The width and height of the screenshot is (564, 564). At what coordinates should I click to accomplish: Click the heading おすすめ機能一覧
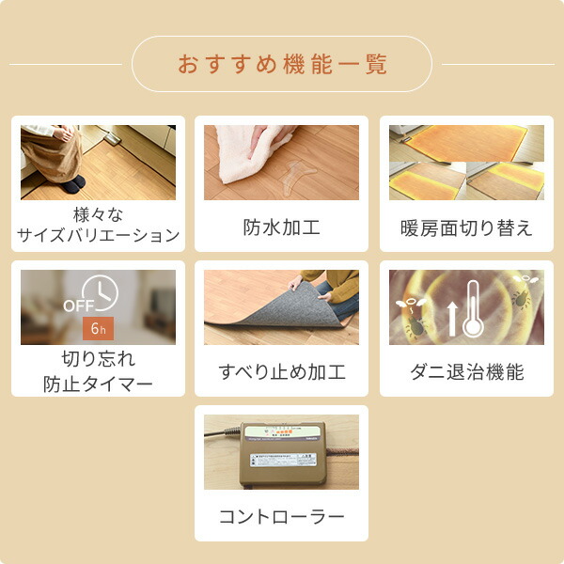point(282,65)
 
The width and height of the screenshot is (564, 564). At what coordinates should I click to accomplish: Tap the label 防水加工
point(282,227)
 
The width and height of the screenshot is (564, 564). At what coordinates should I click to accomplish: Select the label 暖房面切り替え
point(466,227)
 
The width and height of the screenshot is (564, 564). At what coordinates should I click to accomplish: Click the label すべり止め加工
point(282,372)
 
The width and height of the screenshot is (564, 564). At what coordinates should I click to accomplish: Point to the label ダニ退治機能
point(466,372)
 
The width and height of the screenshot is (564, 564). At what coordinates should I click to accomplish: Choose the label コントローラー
point(282,517)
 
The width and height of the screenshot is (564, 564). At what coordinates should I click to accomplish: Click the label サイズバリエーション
point(99,236)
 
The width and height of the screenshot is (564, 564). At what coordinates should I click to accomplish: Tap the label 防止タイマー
point(98,383)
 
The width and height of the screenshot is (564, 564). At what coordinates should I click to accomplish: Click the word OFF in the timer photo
point(77,306)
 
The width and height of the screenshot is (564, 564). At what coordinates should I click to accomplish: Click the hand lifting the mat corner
point(296,283)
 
